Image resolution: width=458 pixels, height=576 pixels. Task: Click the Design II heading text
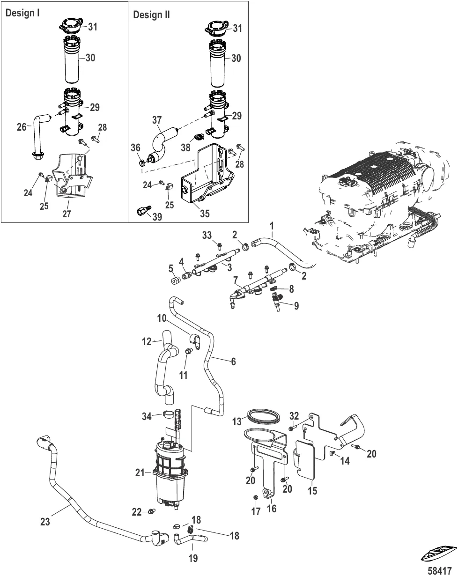point(151,15)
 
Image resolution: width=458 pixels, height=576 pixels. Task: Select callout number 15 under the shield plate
point(312,491)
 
